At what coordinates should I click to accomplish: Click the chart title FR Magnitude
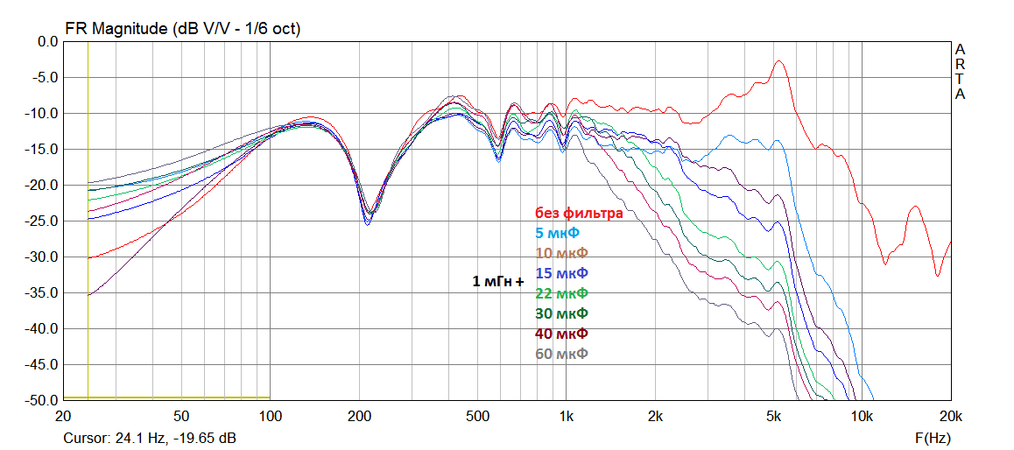[x=182, y=29]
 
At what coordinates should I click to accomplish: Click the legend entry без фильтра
[x=579, y=213]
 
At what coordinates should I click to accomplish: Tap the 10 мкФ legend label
[x=561, y=253]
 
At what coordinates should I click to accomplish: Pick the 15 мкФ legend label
[x=561, y=273]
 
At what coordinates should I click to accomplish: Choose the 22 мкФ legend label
[x=561, y=293]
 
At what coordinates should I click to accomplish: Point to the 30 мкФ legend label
[x=561, y=313]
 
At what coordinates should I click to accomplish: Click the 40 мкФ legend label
[x=561, y=334]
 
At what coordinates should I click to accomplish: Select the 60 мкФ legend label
[x=561, y=354]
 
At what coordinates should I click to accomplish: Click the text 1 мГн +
[x=498, y=282]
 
